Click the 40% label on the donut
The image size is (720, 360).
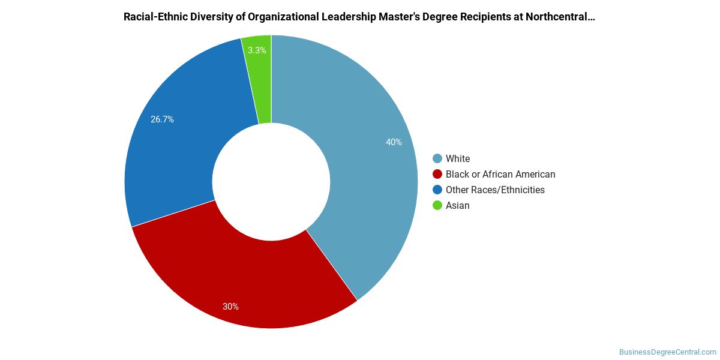394,142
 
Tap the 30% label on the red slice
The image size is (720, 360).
230,307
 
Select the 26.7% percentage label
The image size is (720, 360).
162,119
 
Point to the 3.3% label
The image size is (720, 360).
257,50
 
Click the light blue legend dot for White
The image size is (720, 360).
437,158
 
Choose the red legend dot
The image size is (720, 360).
437,174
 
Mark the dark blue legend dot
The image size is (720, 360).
437,190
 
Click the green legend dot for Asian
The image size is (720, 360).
437,205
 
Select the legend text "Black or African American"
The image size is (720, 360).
500,174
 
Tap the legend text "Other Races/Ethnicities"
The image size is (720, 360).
495,190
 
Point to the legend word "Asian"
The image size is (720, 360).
457,205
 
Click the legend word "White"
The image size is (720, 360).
458,158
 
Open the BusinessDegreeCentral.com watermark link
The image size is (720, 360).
668,352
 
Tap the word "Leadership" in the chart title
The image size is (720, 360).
349,17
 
